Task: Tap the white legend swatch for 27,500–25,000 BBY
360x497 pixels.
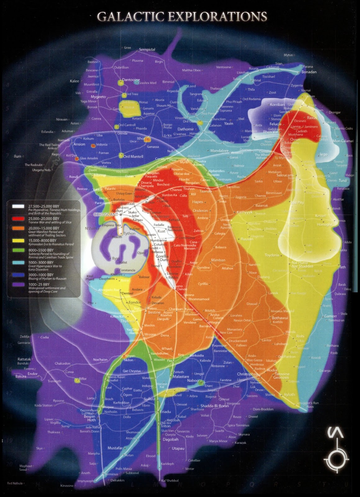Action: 18,206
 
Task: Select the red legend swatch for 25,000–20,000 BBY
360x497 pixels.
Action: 18,219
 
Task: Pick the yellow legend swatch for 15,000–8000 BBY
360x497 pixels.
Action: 18,240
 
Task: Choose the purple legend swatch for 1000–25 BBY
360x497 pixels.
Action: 18,284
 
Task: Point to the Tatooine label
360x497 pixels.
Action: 282,374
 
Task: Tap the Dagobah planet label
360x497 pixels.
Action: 171,440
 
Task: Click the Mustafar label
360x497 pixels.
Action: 115,448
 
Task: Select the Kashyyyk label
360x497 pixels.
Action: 245,212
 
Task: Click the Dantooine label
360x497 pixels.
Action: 131,80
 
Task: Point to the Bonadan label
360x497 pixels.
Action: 309,72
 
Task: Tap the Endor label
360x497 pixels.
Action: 33,374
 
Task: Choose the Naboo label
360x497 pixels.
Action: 193,381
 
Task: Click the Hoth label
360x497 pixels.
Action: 92,420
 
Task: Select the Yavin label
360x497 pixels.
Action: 229,123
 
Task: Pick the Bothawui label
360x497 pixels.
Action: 280,318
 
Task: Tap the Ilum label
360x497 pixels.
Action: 17,156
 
